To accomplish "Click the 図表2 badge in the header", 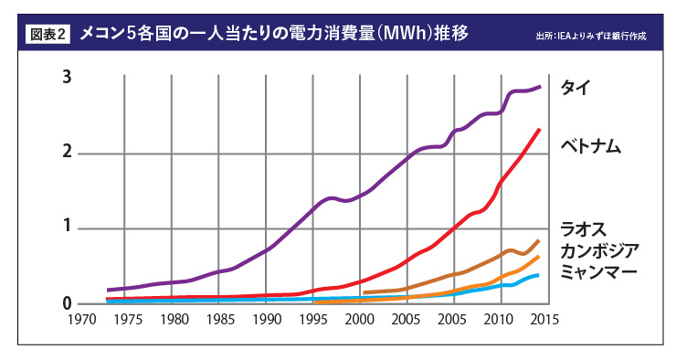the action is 48,35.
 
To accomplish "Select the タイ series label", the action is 576,88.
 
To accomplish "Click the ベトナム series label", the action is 591,146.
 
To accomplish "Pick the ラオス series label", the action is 584,229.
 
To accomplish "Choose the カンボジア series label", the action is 599,250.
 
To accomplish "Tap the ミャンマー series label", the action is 598,271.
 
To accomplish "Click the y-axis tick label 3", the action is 67,77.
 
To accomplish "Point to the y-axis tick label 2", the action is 67,152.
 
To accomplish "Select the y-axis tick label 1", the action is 67,227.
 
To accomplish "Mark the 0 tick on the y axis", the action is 67,303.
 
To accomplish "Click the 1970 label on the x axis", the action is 82,319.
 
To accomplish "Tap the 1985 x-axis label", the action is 221,319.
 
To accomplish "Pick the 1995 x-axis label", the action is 313,319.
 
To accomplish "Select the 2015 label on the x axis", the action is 544,319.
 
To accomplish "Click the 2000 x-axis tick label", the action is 360,319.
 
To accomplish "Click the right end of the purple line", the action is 539,87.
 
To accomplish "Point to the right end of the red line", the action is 539,130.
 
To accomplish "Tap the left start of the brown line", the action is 364,292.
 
